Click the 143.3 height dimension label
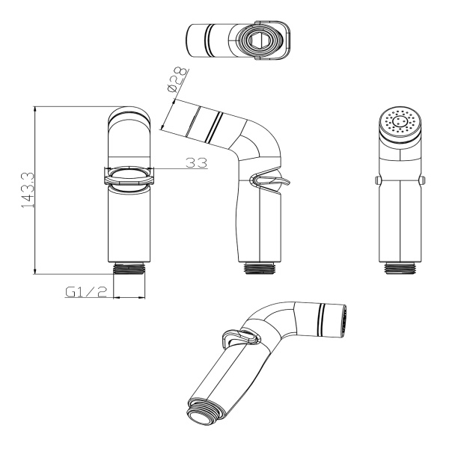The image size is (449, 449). click(28, 190)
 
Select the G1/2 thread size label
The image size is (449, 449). click(86, 292)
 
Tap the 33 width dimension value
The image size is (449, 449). click(196, 162)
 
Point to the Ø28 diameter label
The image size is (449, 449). click(178, 79)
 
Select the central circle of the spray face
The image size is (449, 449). click(400, 121)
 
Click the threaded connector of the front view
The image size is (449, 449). click(129, 269)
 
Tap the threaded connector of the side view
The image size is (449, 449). click(260, 268)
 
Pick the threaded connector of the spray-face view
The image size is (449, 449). click(400, 268)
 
